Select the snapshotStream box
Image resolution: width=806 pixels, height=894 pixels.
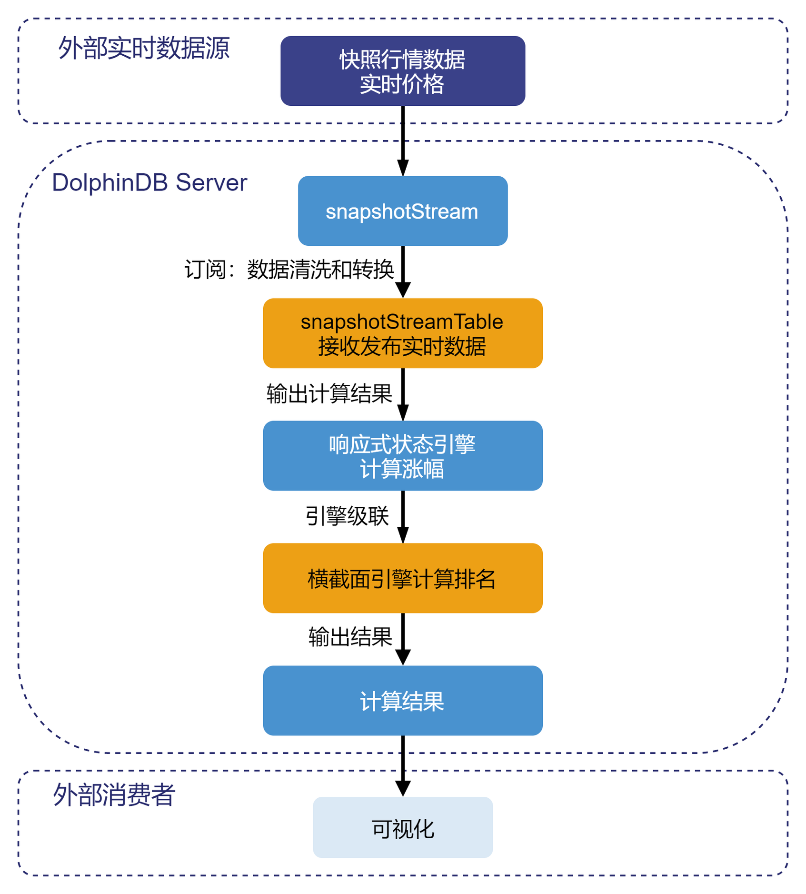403,211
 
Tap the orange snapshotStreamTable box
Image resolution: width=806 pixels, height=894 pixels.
403,333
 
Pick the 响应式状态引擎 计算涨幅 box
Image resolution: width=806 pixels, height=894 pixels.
403,456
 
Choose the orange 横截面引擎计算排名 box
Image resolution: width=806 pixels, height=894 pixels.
403,578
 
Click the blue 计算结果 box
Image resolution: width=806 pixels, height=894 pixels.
403,701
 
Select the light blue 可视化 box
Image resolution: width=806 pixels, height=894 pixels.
403,828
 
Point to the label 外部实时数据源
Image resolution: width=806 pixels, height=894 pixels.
144,48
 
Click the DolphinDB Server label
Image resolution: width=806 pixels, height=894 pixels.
149,182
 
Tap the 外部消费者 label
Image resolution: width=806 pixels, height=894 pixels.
114,795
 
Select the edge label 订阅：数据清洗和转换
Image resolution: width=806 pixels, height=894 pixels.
289,270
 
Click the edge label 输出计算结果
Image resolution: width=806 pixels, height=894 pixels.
329,394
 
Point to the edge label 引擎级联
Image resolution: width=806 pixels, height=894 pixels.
347,516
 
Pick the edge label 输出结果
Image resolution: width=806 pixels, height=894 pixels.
350,637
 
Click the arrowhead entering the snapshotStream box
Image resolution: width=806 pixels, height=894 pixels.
403,169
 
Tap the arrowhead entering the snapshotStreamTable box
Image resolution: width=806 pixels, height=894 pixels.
403,290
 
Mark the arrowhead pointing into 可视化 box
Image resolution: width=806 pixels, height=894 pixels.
403,789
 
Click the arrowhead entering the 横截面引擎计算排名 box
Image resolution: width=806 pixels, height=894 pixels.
403,535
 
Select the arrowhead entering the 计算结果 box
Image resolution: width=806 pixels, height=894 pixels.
403,657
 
